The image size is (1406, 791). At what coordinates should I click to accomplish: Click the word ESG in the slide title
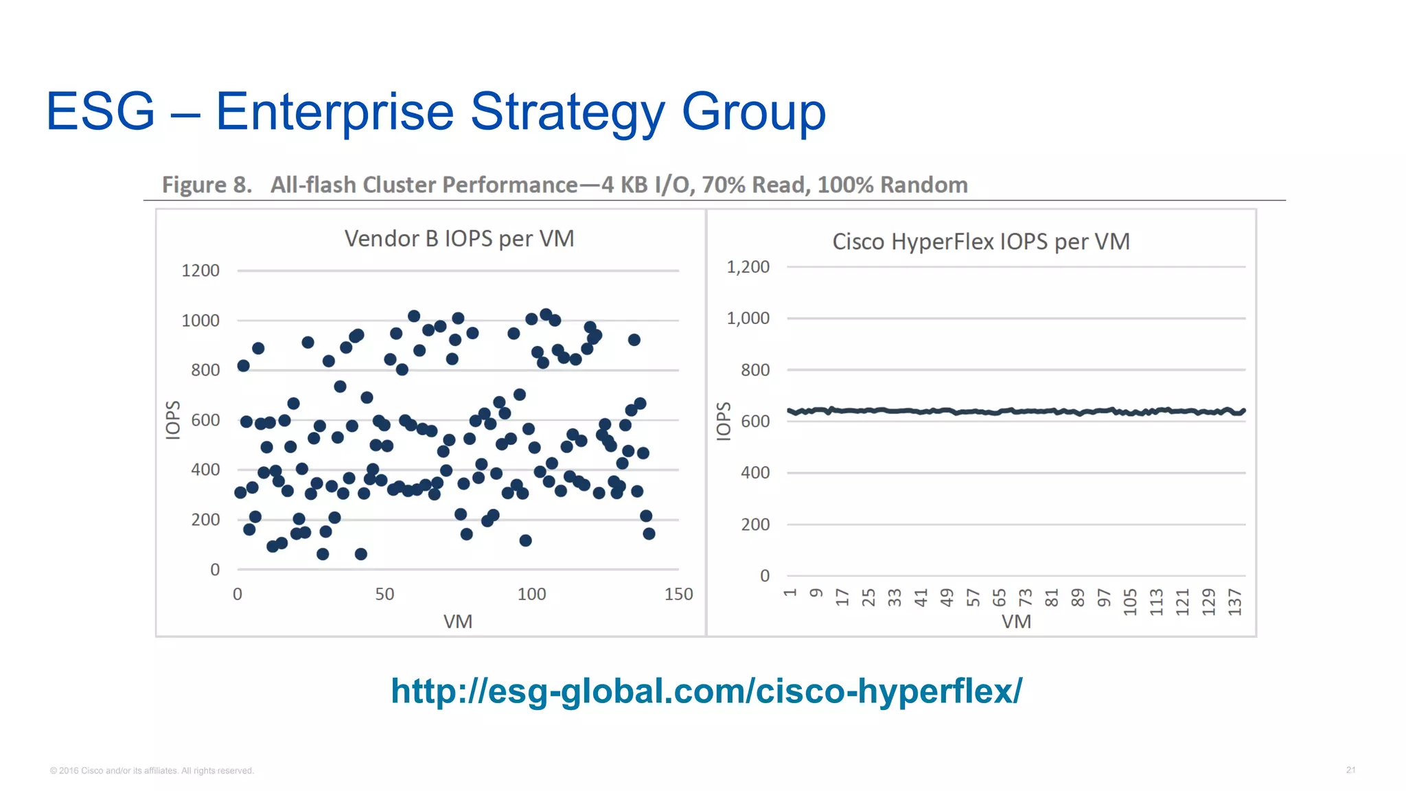pos(100,111)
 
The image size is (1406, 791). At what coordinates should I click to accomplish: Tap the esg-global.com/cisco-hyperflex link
pos(706,691)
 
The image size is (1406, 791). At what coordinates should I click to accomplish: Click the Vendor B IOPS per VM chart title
pos(459,239)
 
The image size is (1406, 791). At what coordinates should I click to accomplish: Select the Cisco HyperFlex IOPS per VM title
pos(980,242)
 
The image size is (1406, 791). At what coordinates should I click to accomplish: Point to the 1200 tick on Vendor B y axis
pos(200,271)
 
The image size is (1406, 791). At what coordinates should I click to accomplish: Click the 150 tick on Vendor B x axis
pos(678,594)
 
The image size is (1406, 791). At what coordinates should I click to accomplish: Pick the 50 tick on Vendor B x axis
pos(384,594)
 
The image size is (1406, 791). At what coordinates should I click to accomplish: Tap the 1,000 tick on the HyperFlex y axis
pos(748,319)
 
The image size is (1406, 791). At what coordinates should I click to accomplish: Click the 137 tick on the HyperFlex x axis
pos(1235,602)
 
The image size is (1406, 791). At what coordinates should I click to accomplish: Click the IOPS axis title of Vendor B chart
pos(173,420)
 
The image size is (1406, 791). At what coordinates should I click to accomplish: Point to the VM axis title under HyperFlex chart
pos(1016,621)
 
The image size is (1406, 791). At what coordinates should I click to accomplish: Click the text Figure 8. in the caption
pos(207,185)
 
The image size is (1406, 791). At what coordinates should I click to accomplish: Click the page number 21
pos(1350,770)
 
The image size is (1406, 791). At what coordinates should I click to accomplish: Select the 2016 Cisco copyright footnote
pos(152,770)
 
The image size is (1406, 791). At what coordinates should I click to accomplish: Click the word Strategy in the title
pos(568,111)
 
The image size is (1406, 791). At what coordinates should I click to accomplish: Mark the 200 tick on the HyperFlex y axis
pos(754,525)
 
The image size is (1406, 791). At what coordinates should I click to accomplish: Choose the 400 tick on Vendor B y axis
pos(205,470)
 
